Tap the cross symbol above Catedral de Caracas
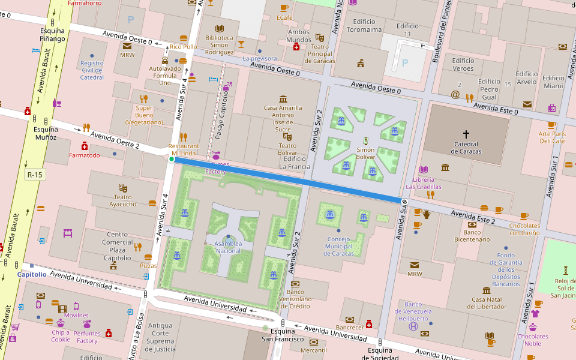tap(466, 134)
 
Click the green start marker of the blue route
tap(172, 159)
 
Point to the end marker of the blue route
tap(404, 202)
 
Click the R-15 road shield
tap(35, 175)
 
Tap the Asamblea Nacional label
tap(228, 247)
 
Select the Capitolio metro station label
tap(31, 274)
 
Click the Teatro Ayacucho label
tap(125, 200)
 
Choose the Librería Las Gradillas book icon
tap(424, 170)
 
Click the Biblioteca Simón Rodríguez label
tap(219, 44)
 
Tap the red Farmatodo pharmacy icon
tap(85, 146)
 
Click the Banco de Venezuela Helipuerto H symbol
tap(413, 326)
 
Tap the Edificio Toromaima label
tap(364, 25)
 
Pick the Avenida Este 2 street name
tap(473, 217)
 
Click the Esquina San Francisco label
tap(282, 335)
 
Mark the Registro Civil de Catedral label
tap(92, 70)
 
